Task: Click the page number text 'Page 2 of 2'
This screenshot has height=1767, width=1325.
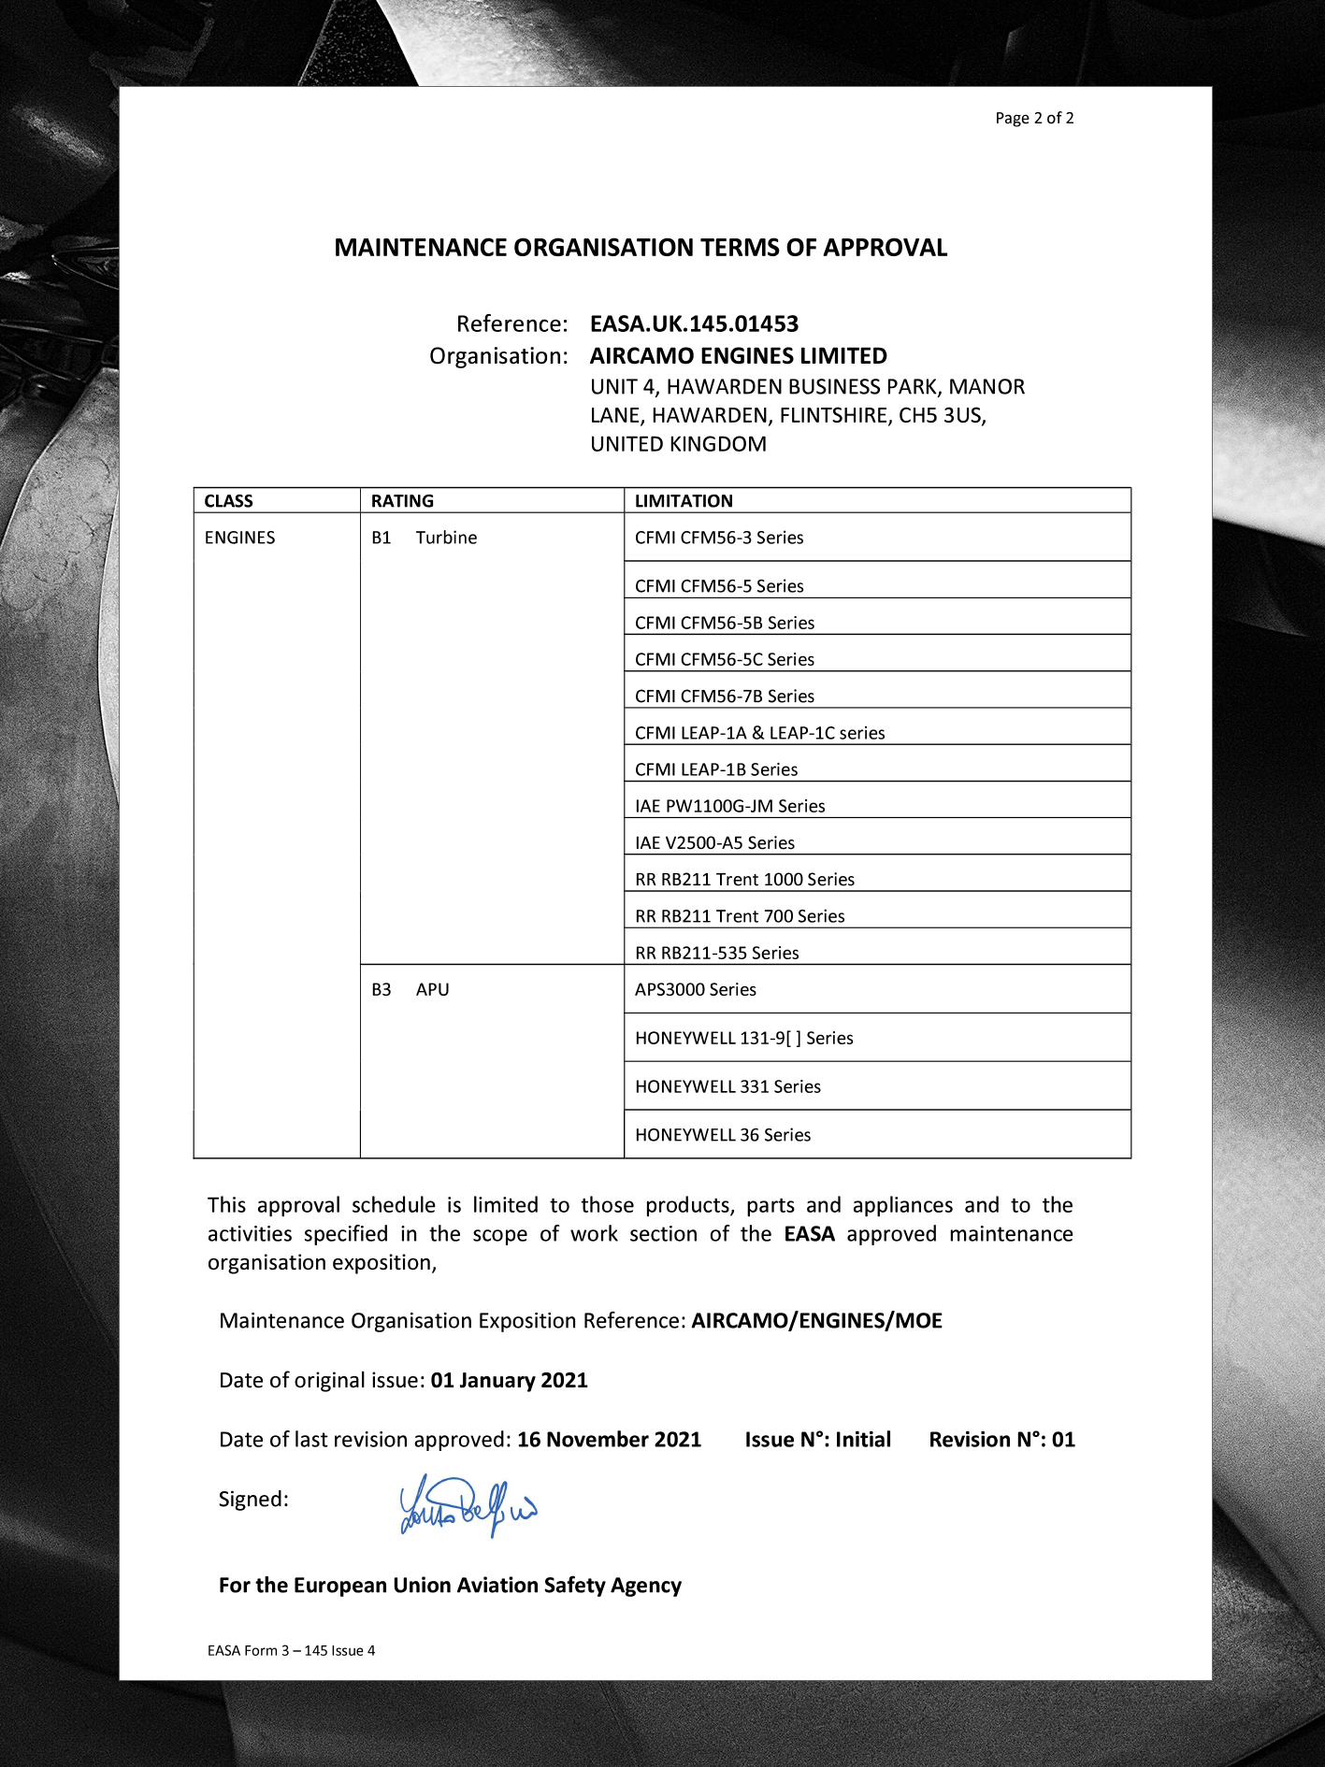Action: pos(1034,118)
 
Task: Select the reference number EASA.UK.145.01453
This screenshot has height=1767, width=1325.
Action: pos(694,324)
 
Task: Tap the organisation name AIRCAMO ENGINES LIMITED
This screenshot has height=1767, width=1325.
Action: pos(738,356)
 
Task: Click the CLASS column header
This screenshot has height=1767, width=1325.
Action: pos(229,501)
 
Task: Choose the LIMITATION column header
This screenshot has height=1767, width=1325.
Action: pos(684,501)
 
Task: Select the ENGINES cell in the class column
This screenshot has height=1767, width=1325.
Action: pos(240,538)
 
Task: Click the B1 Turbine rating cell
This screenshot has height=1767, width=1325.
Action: pos(425,538)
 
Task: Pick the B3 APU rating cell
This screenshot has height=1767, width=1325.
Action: pos(410,989)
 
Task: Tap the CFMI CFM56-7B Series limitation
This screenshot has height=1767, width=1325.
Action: pos(725,697)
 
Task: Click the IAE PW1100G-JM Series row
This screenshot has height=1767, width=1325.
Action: pos(729,806)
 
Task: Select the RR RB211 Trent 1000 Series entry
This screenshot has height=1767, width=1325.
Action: pos(744,880)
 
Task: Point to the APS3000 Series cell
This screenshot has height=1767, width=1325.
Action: pos(696,989)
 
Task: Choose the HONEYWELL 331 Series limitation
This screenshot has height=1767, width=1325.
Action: pos(727,1086)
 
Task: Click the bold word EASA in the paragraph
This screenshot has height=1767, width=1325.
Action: pos(809,1234)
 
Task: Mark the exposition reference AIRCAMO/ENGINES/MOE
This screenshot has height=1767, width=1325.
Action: pos(816,1321)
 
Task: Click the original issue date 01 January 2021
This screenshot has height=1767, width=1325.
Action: pos(509,1381)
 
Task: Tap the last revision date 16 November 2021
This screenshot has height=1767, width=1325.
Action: pos(609,1440)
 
